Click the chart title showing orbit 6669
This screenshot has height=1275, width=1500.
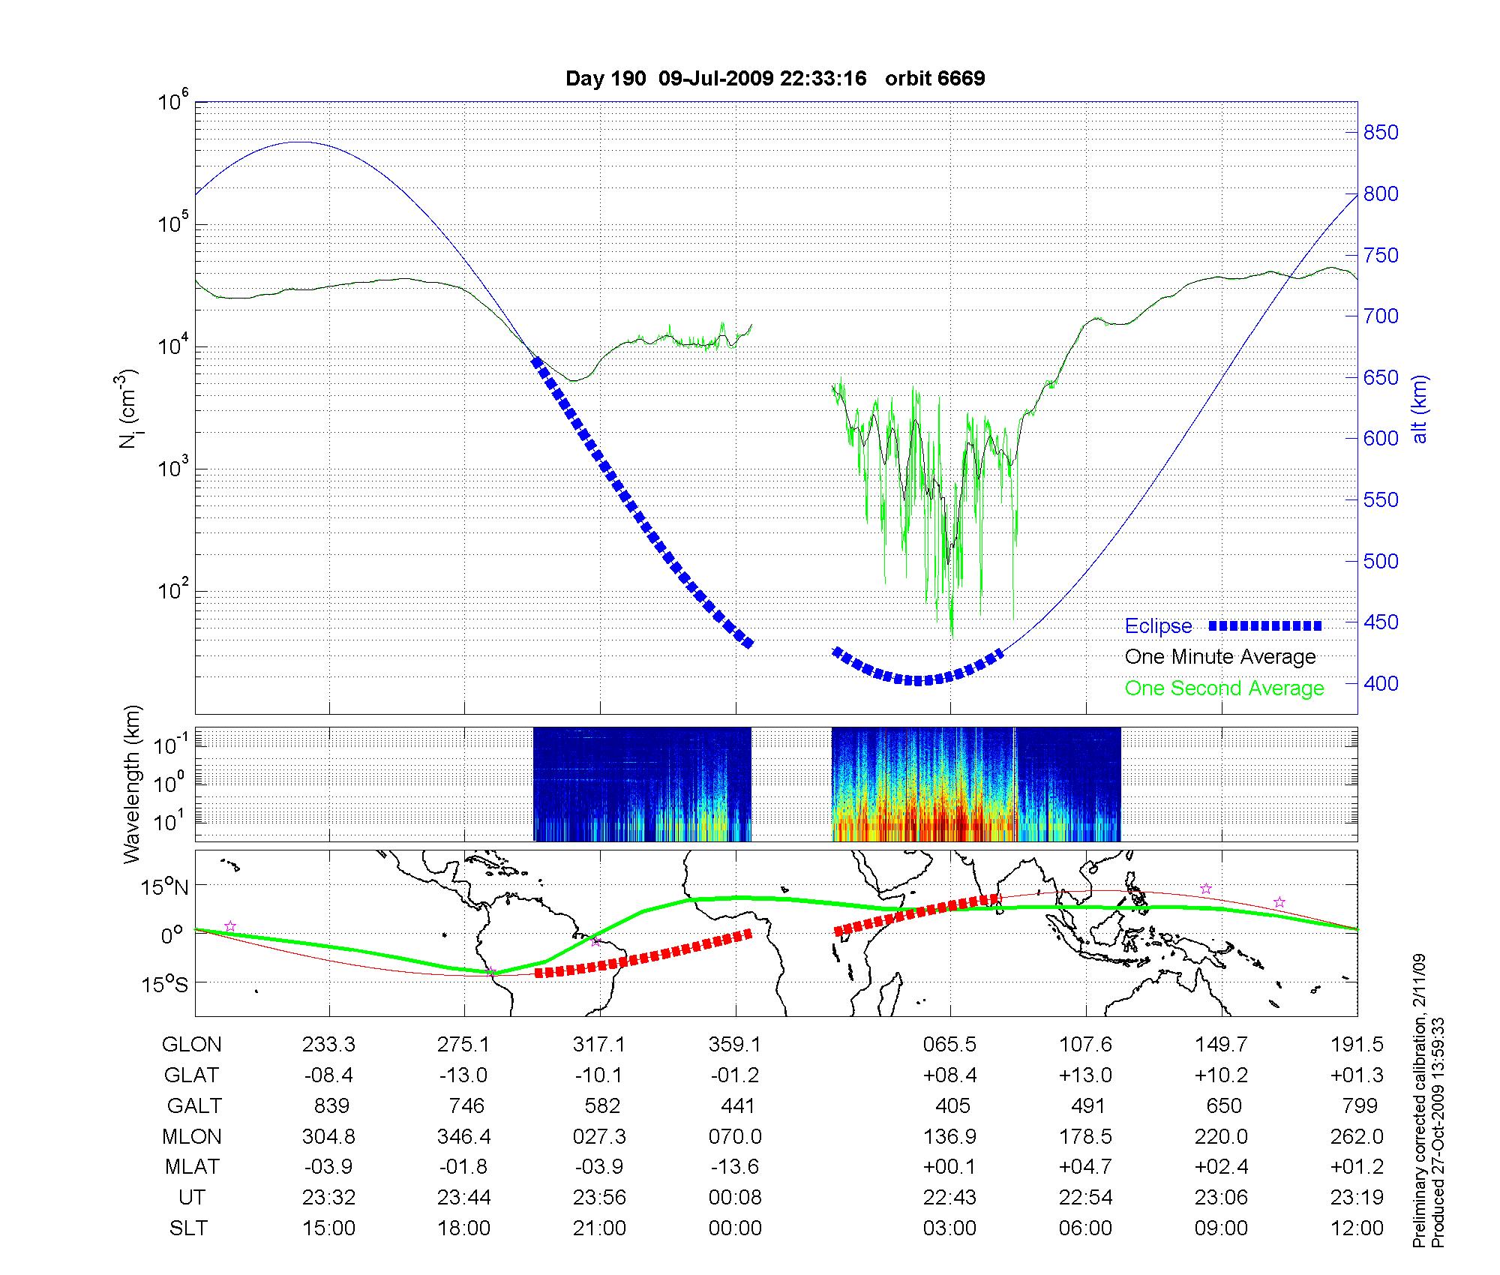tap(775, 79)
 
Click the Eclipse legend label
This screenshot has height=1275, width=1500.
tap(1158, 625)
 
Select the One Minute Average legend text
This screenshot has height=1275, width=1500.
tap(1220, 657)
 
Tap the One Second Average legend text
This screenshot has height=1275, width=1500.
tap(1224, 688)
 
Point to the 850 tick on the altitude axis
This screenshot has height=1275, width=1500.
tap(1381, 133)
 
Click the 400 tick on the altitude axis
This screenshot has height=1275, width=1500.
tap(1381, 683)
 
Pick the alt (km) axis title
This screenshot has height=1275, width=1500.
tap(1420, 409)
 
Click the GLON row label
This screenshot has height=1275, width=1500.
tap(192, 1044)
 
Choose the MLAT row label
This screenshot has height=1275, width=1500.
tap(192, 1167)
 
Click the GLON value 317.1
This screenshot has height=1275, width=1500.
tap(599, 1044)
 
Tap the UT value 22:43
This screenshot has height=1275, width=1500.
tap(949, 1198)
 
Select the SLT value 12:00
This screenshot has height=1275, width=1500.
tap(1357, 1228)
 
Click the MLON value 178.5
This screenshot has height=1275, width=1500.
tap(1085, 1136)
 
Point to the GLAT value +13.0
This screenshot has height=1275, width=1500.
tap(1085, 1075)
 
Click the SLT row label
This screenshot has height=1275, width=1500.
tap(189, 1228)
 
